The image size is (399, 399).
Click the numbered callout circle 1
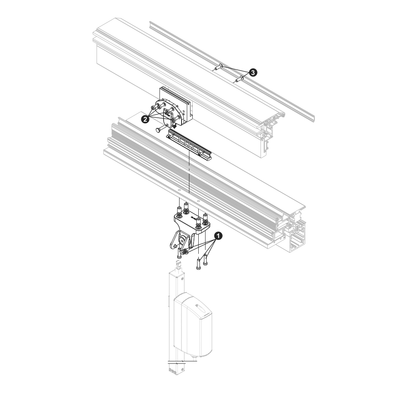218,236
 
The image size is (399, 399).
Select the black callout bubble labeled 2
145,119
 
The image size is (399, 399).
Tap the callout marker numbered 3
253,73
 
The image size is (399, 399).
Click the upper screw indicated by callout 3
219,67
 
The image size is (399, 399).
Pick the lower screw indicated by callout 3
239,79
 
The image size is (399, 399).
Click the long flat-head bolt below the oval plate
162,128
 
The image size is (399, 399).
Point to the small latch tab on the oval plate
167,113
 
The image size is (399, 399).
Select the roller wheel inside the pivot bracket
182,240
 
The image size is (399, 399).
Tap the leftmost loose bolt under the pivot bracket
180,253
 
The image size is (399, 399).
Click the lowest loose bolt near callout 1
198,264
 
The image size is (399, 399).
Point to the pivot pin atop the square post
179,265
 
